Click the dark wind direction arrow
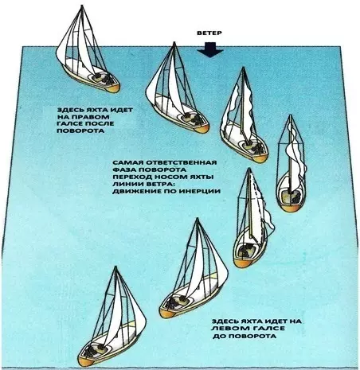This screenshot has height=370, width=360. click(209, 49)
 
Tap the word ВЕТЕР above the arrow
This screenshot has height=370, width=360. click(209, 33)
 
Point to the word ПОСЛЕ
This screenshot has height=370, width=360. click(99, 124)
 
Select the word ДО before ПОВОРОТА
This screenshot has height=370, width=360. click(219, 336)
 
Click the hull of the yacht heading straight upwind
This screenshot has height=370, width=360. click(291, 191)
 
